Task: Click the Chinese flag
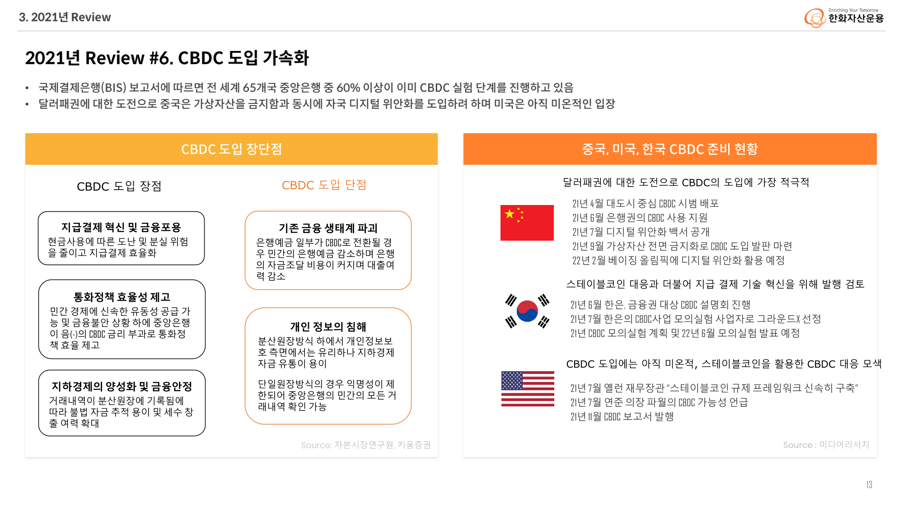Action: point(527,223)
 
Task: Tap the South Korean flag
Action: point(527,311)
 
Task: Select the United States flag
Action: point(528,389)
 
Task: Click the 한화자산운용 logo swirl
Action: point(815,18)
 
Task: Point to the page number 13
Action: point(869,485)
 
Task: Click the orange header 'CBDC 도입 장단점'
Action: point(231,149)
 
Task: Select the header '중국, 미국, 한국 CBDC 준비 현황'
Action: point(670,149)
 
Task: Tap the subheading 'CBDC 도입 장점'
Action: point(119,186)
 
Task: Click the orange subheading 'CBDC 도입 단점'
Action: point(324,185)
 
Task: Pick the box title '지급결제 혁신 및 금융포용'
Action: point(121,227)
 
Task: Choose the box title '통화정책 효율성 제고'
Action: point(122,297)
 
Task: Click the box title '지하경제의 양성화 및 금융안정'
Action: point(122,386)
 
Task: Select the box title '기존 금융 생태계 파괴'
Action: point(328,228)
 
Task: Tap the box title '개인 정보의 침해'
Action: point(328,326)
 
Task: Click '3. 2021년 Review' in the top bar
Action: point(65,17)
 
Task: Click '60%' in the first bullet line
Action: point(348,88)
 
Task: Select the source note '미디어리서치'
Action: point(844,445)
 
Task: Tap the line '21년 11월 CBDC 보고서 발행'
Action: point(622,416)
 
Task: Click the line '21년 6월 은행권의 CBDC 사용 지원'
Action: point(640,218)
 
